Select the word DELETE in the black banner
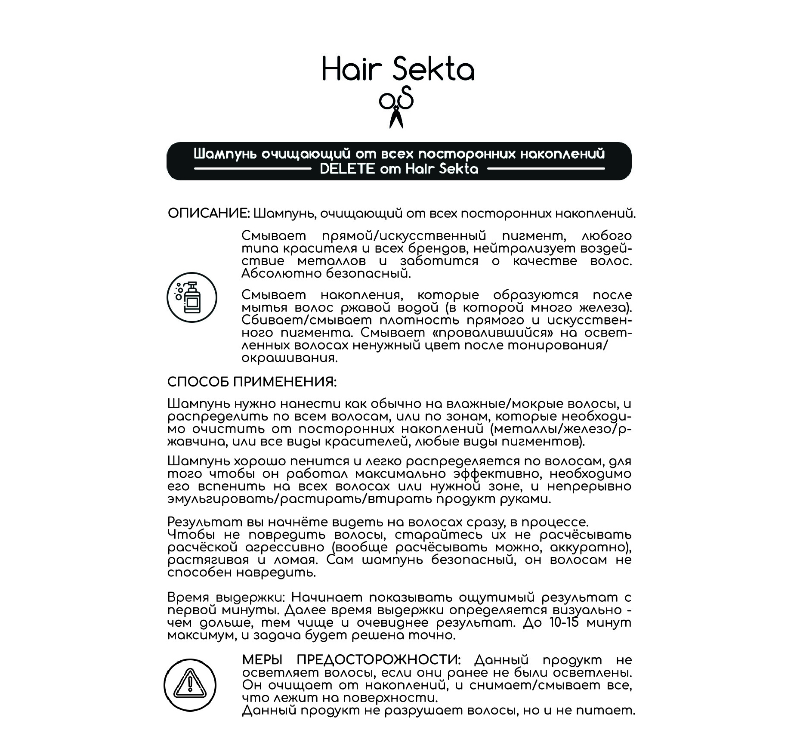tap(347, 169)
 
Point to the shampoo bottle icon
tap(192, 297)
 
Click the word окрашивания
tap(289, 358)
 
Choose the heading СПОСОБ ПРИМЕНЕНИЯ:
tap(252, 382)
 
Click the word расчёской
tap(203, 548)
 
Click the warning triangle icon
tap(190, 685)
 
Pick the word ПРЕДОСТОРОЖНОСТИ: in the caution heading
tap(379, 660)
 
